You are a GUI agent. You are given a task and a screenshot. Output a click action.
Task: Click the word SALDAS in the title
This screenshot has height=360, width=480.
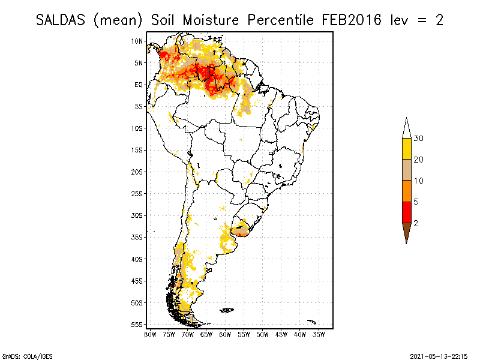[x=61, y=20]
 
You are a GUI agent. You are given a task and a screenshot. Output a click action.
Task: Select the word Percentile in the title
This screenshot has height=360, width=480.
[x=281, y=20]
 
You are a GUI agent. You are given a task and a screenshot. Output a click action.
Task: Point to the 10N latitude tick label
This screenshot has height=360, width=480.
[x=137, y=41]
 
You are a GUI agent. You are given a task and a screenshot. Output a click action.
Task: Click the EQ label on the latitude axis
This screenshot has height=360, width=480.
[x=139, y=85]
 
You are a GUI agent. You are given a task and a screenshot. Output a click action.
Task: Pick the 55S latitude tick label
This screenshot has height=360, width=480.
[x=137, y=325]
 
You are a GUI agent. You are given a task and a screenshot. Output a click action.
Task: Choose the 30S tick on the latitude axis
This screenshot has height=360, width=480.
[x=137, y=215]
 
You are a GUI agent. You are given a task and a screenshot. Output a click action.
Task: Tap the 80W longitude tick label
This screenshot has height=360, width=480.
[x=150, y=334]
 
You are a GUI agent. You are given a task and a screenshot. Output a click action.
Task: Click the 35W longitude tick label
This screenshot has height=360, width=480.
[x=319, y=334]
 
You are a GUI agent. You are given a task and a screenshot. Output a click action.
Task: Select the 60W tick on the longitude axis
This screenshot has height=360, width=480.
[x=225, y=334]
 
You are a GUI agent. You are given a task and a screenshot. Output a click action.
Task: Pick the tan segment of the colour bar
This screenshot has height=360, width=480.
[x=406, y=170]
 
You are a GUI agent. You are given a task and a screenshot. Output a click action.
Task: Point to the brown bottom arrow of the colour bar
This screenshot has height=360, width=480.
[x=406, y=232]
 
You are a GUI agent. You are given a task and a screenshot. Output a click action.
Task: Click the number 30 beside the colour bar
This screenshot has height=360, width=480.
[x=419, y=139]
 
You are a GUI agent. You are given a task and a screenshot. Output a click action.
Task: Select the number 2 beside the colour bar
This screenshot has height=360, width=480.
[x=416, y=223]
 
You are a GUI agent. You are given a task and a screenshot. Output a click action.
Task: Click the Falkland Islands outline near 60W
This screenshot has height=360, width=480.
[x=227, y=310]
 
